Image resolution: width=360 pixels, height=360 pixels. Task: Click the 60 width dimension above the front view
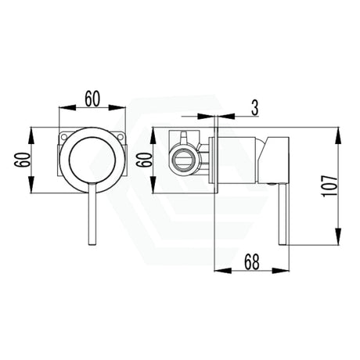[x=92, y=99]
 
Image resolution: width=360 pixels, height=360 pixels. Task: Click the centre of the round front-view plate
[x=92, y=164]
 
